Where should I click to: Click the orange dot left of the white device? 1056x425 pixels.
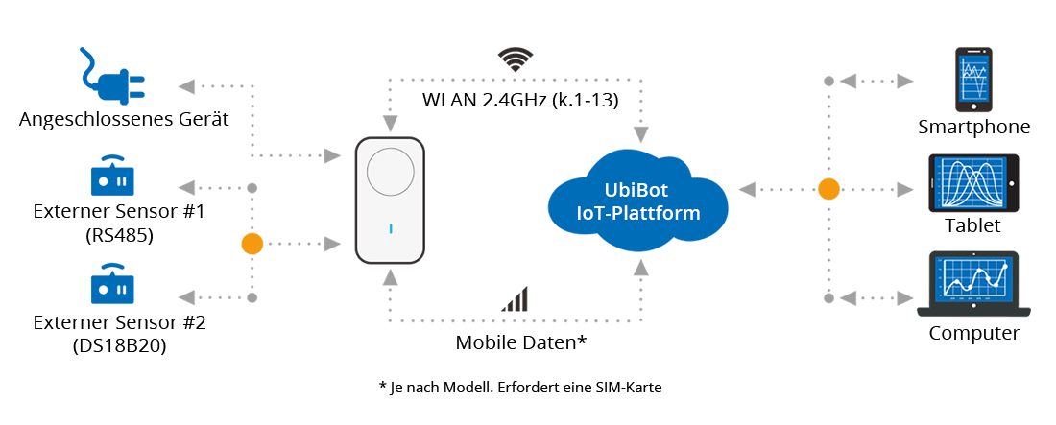tap(252, 244)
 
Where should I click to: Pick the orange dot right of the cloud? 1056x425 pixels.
tap(828, 189)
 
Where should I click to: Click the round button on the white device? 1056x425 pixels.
tap(390, 173)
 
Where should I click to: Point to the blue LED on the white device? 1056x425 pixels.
tap(390, 228)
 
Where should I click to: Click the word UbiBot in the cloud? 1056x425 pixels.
tap(637, 189)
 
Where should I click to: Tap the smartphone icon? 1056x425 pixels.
tap(974, 79)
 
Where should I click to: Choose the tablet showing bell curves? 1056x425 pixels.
tap(972, 183)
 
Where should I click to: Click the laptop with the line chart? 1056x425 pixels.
tap(972, 284)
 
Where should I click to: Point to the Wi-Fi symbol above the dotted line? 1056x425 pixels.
tap(516, 59)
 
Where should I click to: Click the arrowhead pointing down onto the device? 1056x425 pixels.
tap(390, 124)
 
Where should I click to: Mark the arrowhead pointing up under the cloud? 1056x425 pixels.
tap(638, 267)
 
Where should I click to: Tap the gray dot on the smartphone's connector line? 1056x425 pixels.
tap(828, 82)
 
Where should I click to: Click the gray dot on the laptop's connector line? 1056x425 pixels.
tap(828, 297)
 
